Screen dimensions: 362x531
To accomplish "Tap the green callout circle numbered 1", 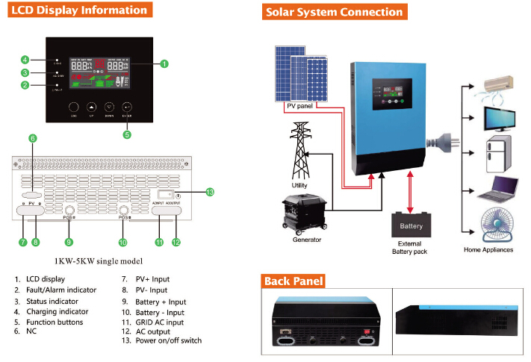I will (x=164, y=64).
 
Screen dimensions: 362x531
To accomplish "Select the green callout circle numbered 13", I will (x=210, y=193).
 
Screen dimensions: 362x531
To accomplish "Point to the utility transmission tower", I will (x=300, y=149).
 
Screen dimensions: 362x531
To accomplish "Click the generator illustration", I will (x=305, y=213).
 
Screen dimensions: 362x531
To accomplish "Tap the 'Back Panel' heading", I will (x=293, y=281).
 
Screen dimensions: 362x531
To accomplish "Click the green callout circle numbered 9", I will (x=69, y=242).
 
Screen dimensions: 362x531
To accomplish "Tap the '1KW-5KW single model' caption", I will (x=100, y=261).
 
